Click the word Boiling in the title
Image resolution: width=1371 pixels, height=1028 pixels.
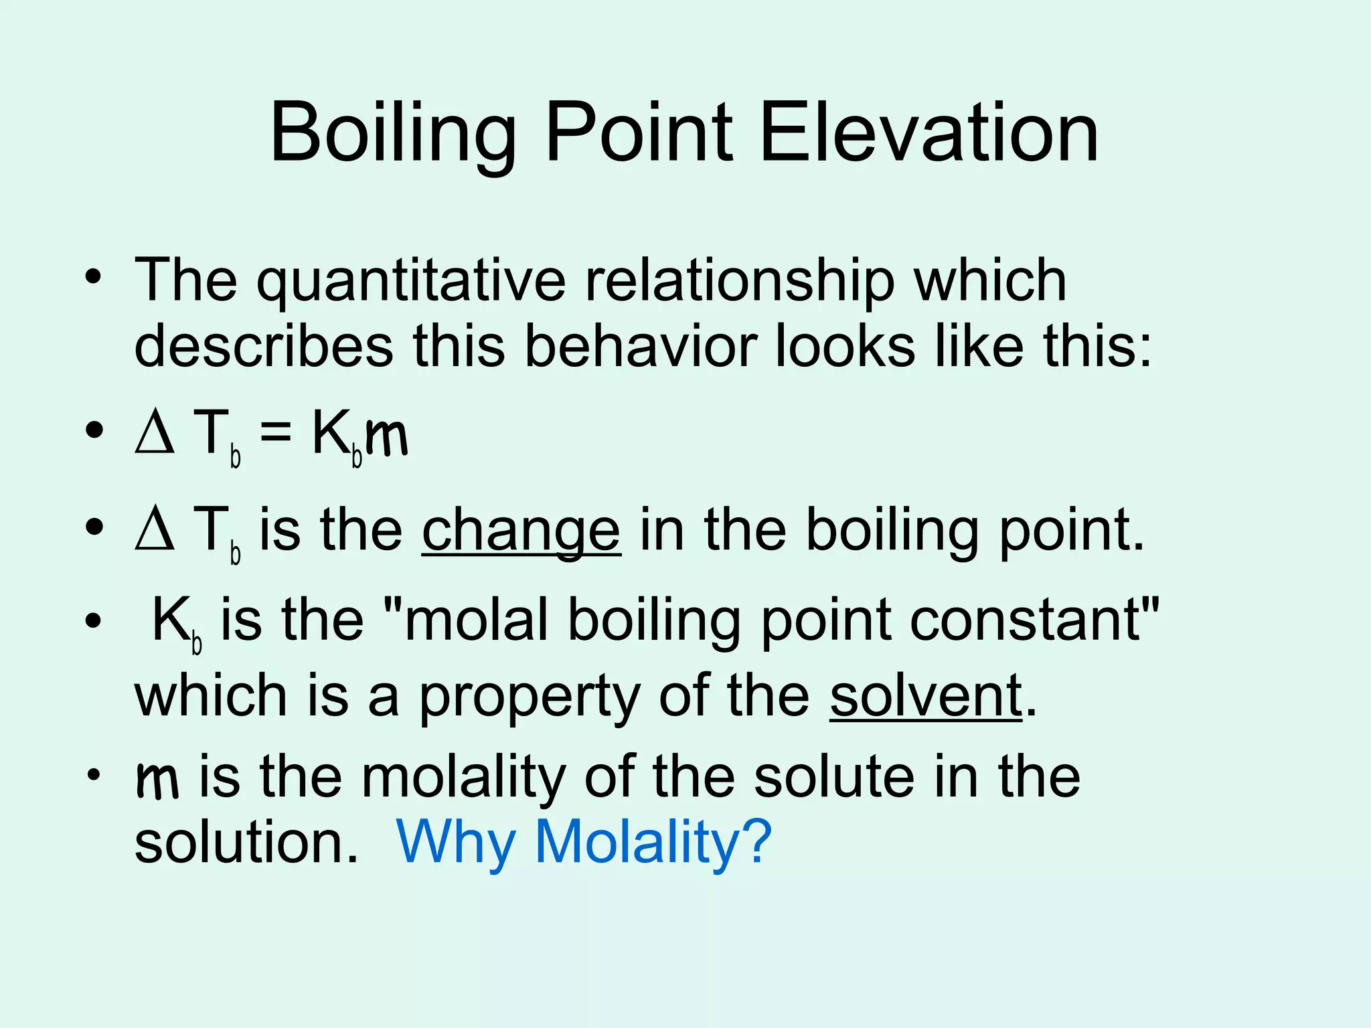pyautogui.click(x=393, y=134)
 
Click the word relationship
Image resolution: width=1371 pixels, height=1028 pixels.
pyautogui.click(x=739, y=281)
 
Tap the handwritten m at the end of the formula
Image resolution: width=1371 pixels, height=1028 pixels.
pyautogui.click(x=386, y=436)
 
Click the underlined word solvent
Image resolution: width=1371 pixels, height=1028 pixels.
pyautogui.click(x=926, y=696)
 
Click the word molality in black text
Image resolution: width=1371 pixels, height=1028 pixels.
pyautogui.click(x=464, y=778)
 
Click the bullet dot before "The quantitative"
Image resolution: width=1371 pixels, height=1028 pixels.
pyautogui.click(x=93, y=276)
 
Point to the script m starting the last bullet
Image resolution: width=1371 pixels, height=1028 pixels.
pyautogui.click(x=157, y=780)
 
